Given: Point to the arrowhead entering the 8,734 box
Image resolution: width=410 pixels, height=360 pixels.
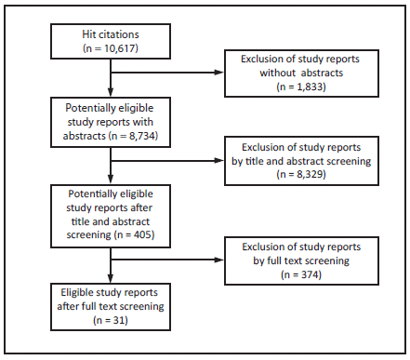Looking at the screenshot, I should click(111, 94).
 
